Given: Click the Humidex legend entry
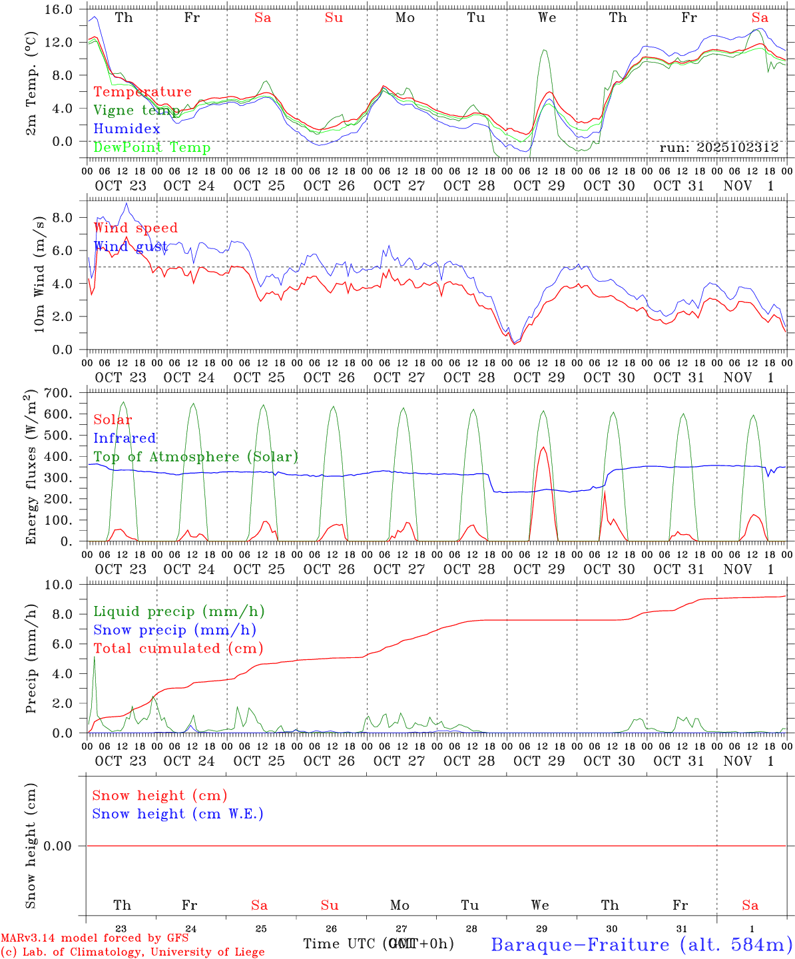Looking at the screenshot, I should click(127, 129).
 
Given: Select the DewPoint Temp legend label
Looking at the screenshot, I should click(152, 148).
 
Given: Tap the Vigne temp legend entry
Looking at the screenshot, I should click(136, 111).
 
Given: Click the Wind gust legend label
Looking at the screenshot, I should click(131, 246).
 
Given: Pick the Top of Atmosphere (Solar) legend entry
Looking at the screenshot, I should click(196, 457).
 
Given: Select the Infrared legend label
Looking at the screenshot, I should click(125, 438).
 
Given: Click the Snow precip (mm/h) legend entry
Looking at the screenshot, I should click(174, 630).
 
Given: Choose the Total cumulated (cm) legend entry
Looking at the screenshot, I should click(178, 649).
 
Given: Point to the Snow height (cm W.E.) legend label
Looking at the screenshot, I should click(178, 814).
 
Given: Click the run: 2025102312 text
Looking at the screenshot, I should click(718, 148).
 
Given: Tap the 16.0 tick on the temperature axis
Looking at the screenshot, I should click(59, 10).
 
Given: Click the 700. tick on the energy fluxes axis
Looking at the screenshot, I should click(59, 394).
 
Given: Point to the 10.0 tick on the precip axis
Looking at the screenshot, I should click(59, 585).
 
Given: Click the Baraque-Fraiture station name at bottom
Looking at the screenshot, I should click(641, 944).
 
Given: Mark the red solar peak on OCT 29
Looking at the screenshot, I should click(543, 448).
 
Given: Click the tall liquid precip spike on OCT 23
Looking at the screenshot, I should click(95, 657).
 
